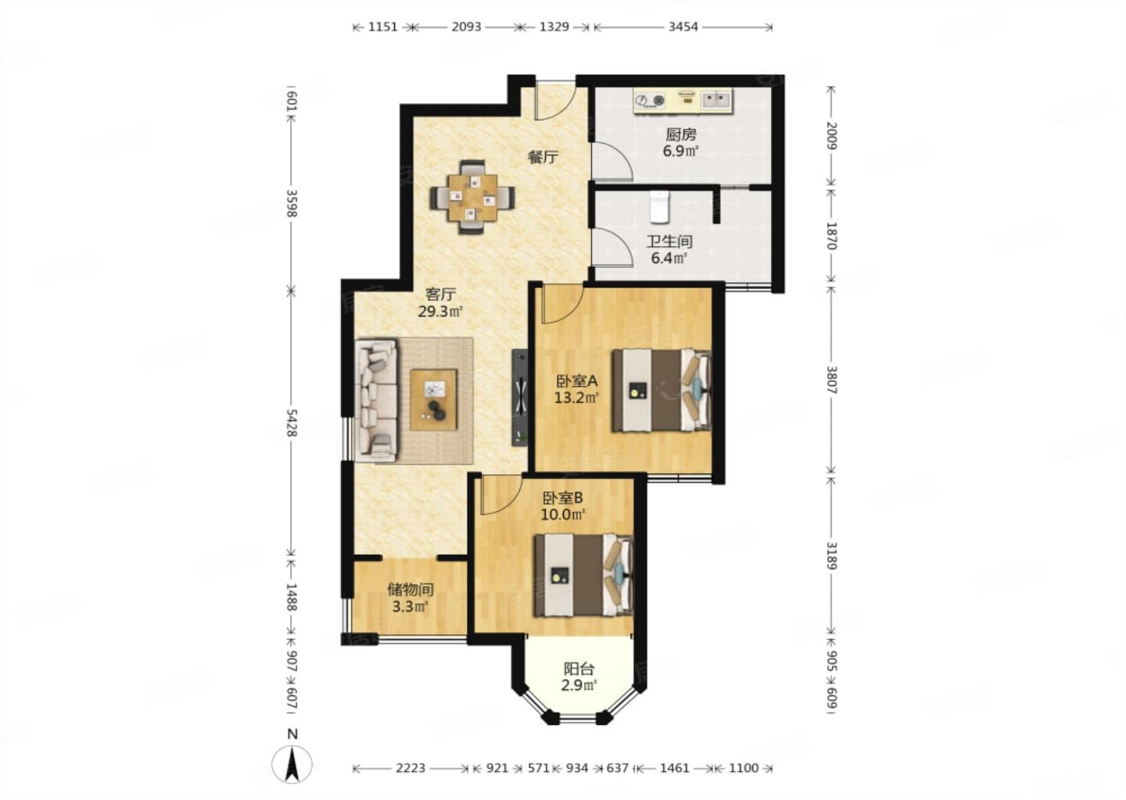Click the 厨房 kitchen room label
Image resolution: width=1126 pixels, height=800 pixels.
(681, 134)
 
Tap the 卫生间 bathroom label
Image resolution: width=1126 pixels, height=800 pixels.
(669, 241)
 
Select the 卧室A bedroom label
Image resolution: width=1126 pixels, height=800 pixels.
(576, 381)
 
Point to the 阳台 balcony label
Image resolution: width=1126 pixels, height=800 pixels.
(579, 669)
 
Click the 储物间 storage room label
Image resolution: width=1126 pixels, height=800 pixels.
(411, 590)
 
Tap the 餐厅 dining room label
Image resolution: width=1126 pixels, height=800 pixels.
(543, 157)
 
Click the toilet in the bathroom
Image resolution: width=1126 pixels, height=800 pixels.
(658, 206)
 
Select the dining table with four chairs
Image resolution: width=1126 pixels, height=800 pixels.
(472, 198)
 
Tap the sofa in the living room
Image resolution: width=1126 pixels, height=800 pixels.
(376, 400)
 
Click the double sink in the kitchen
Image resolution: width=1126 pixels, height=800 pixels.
(716, 99)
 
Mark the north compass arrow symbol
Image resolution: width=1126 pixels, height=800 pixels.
(292, 764)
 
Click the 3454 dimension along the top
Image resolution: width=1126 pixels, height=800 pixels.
(683, 27)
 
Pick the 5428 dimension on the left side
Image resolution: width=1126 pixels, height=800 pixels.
(292, 423)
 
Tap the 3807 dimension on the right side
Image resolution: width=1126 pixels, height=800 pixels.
(832, 380)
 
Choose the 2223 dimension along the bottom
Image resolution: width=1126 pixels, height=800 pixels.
(411, 768)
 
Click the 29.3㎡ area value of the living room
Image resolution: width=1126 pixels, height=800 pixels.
(440, 312)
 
